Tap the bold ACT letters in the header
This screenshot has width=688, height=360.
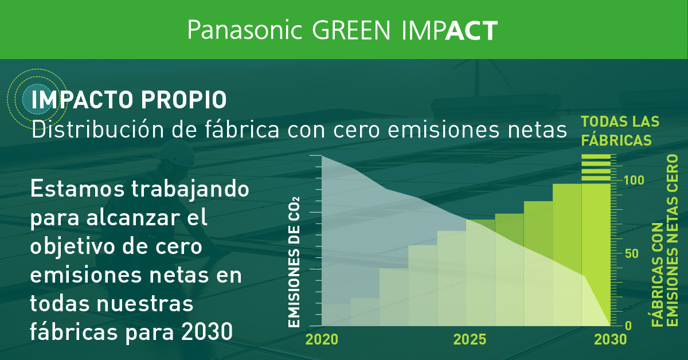coord(471,30)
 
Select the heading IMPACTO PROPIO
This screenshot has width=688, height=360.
coord(129,100)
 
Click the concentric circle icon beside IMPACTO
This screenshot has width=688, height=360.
coord(32,97)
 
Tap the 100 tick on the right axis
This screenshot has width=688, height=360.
coord(634,180)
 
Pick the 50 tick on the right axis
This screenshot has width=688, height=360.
coord(631,253)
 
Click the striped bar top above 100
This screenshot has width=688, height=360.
coord(596,167)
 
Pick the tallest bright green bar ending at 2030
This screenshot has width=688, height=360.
coord(596,252)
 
